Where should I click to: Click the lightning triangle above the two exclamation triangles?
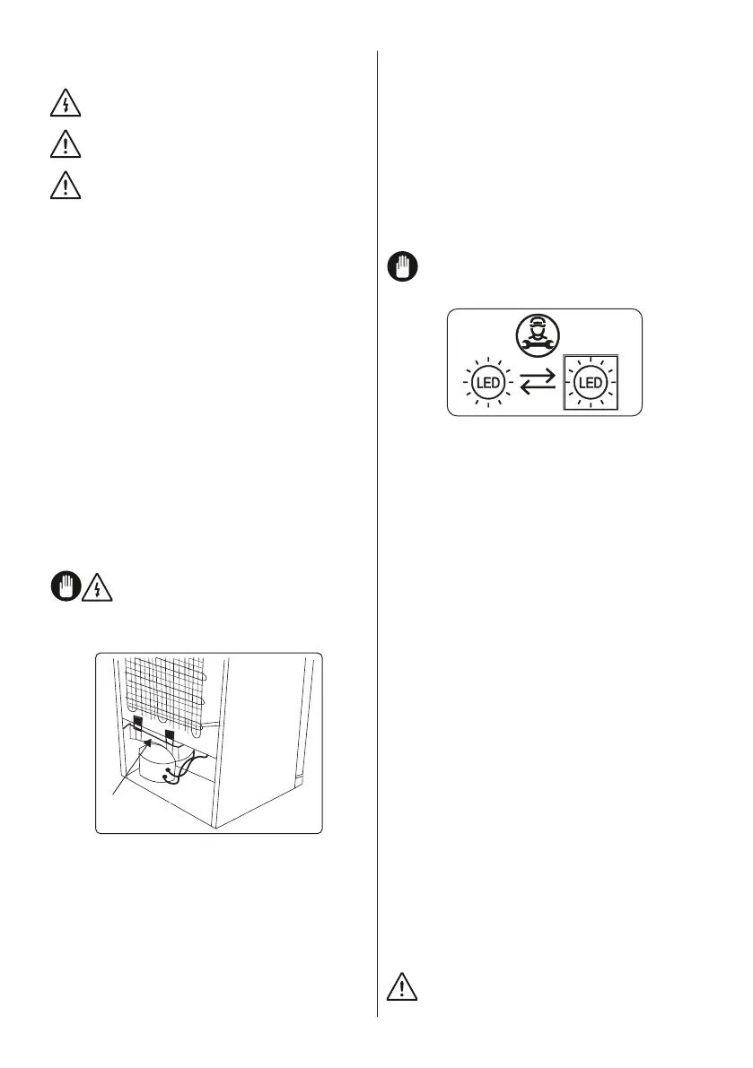[x=65, y=105]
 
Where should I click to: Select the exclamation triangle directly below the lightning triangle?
[x=65, y=144]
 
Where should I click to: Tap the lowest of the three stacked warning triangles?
[x=65, y=185]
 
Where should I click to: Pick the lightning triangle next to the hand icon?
[x=94, y=587]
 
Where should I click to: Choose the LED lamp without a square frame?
[x=486, y=382]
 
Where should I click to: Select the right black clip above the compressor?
[x=170, y=724]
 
